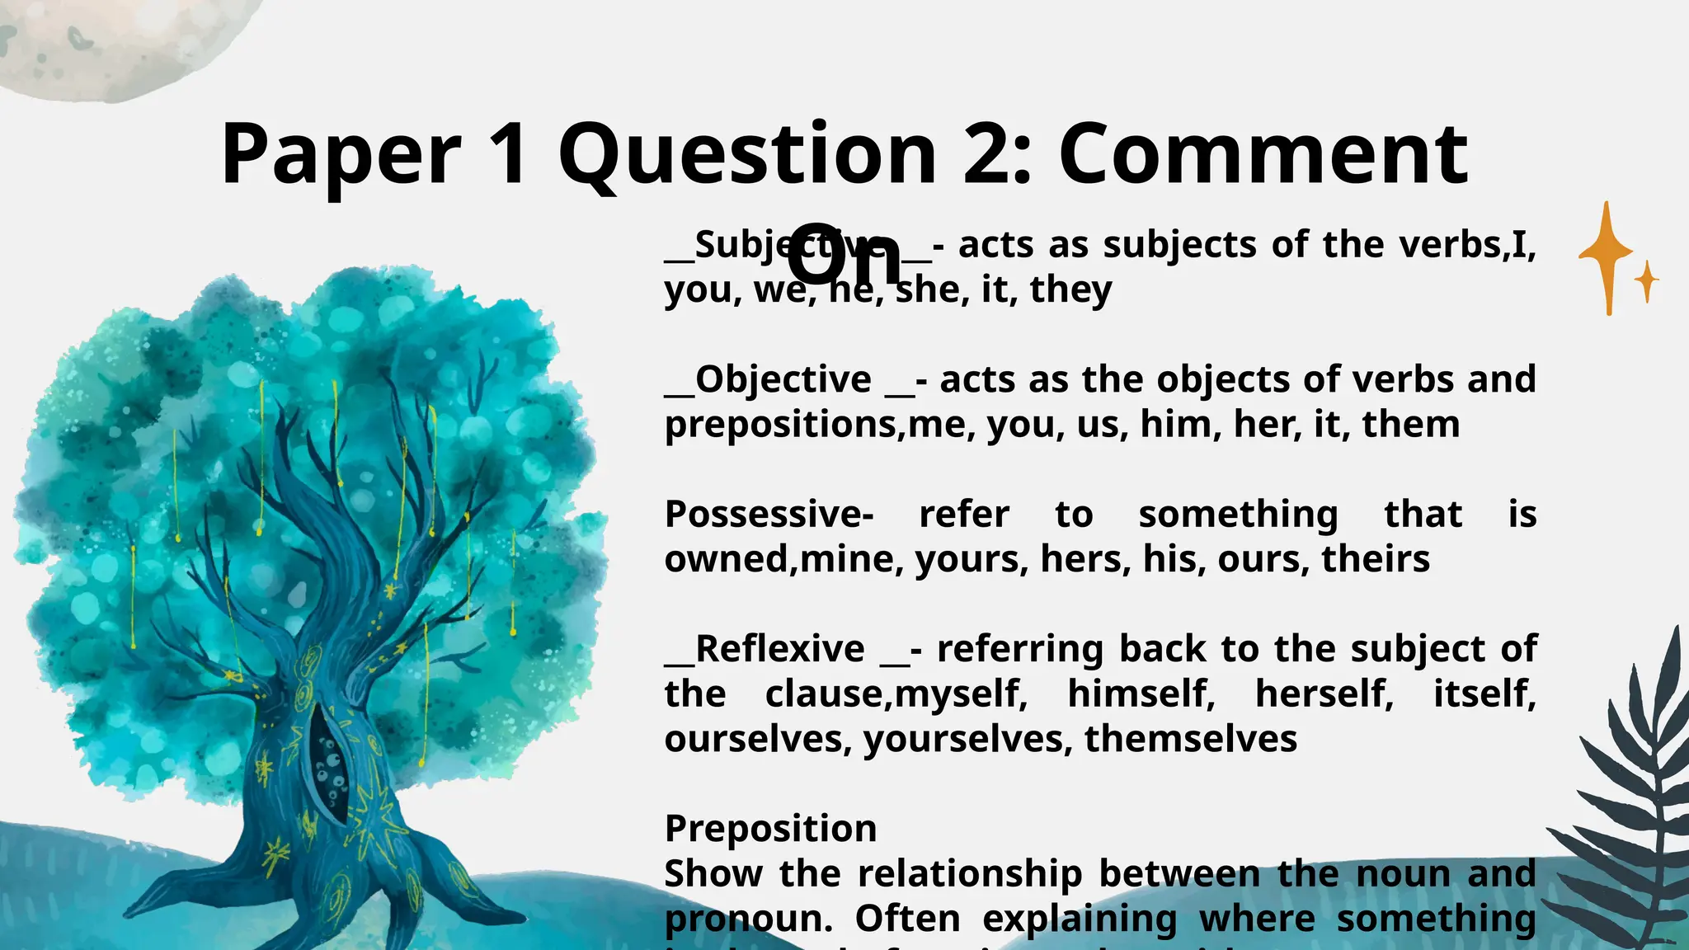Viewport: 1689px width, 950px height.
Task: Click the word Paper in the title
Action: click(x=341, y=155)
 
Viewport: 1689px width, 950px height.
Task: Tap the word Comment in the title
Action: click(x=1263, y=155)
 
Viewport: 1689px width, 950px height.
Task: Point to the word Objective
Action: click(x=783, y=379)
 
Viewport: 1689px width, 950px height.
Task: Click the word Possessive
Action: click(x=769, y=515)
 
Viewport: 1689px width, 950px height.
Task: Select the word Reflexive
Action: click(x=779, y=649)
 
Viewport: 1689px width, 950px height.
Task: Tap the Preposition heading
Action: click(x=770, y=828)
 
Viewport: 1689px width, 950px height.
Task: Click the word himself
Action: click(x=1141, y=694)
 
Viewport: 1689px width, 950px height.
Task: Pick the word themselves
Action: click(x=1191, y=739)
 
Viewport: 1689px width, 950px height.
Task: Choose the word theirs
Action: click(x=1376, y=559)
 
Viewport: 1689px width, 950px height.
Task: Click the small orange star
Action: click(x=1647, y=281)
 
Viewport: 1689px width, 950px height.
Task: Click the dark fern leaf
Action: click(x=1629, y=792)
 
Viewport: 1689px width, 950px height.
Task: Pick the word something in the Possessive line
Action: click(x=1238, y=515)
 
